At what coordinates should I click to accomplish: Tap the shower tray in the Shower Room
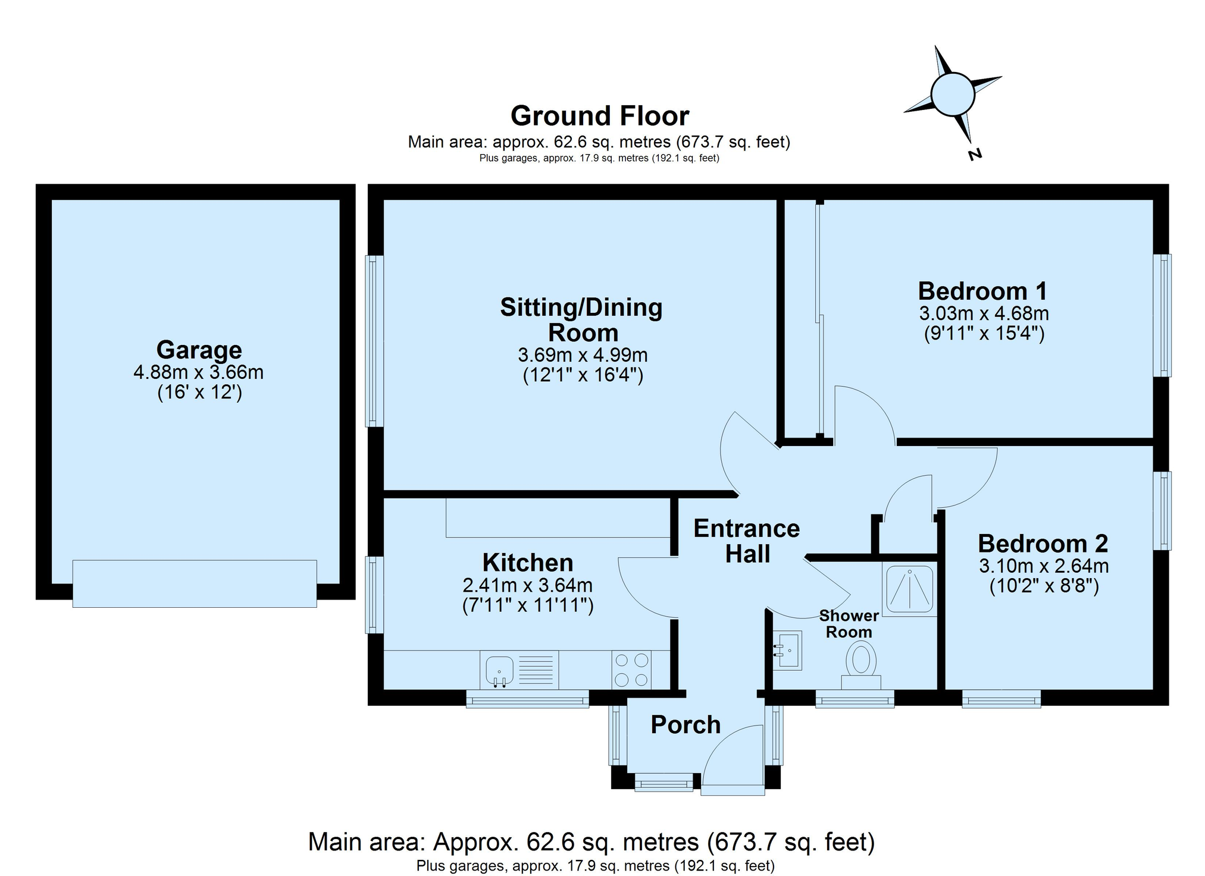point(909,589)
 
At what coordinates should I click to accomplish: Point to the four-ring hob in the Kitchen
point(631,670)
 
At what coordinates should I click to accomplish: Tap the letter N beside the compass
point(974,155)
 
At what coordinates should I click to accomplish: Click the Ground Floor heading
point(600,116)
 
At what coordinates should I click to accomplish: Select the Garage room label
point(199,350)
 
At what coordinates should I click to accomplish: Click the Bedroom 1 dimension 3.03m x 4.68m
point(984,313)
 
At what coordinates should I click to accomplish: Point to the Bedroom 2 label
point(1043,543)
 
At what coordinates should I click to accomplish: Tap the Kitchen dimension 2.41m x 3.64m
point(528,585)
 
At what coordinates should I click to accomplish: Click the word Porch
point(686,725)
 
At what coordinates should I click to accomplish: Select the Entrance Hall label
point(747,541)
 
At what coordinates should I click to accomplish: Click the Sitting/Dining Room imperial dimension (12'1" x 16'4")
point(583,375)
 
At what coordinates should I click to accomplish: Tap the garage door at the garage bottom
point(195,583)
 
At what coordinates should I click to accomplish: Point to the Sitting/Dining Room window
point(374,341)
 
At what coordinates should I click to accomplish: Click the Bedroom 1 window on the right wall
point(1162,315)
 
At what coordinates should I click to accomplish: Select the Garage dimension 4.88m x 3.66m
point(199,372)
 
